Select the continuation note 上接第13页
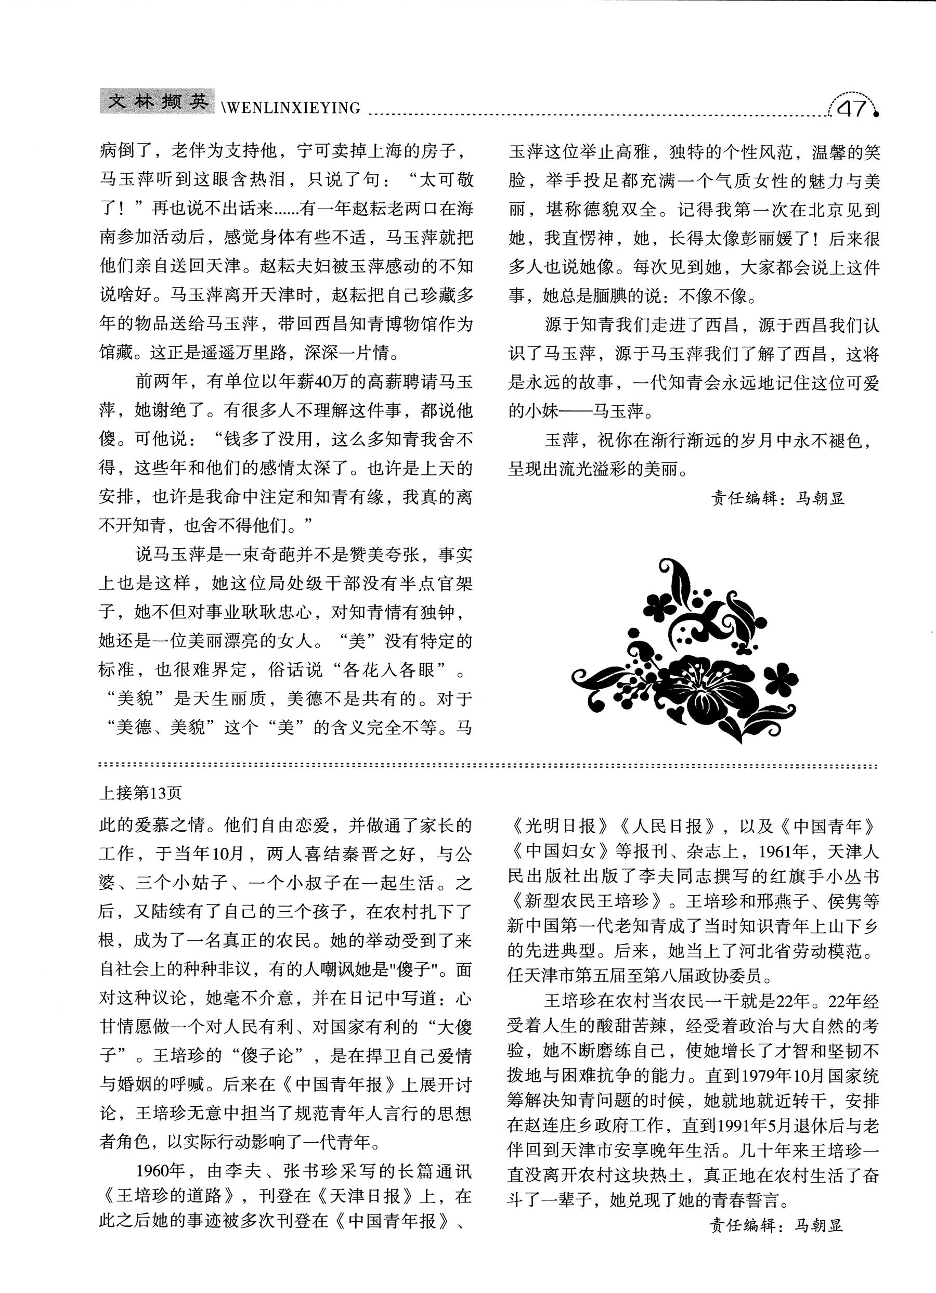click(140, 793)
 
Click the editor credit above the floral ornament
click(777, 498)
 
